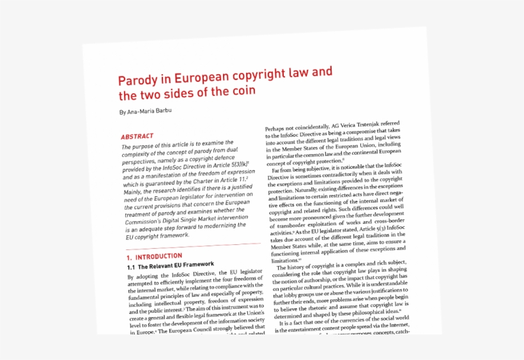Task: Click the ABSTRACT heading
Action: [x=137, y=136]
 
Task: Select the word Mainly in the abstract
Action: [x=135, y=190]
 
